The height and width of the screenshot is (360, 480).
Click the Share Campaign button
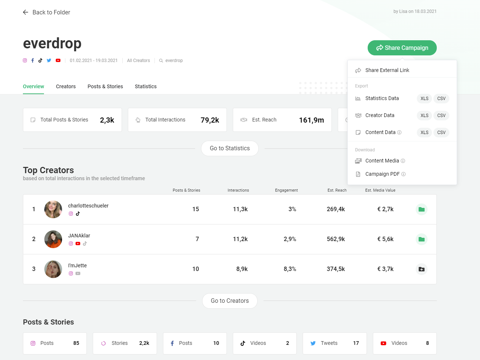[x=402, y=48]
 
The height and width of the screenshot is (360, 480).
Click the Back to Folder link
[x=47, y=13]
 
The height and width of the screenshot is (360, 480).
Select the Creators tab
[x=66, y=86]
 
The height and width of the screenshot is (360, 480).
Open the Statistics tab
[x=146, y=86]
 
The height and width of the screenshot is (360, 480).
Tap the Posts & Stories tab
[x=105, y=86]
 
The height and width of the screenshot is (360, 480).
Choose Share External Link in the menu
[x=387, y=70]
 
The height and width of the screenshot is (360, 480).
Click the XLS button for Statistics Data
[x=424, y=99]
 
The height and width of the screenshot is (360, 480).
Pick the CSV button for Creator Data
[x=441, y=116]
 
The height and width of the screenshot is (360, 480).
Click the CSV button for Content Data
[x=441, y=133]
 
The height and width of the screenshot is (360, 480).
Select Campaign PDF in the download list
[x=382, y=174]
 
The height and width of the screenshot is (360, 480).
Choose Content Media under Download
[x=382, y=161]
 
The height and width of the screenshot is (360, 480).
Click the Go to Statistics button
[x=230, y=148]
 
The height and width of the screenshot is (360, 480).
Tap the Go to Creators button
[x=230, y=301]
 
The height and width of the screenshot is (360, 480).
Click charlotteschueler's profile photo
[x=53, y=209]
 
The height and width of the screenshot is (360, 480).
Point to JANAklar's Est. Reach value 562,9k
[x=336, y=239]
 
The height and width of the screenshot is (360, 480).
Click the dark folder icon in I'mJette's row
[x=422, y=269]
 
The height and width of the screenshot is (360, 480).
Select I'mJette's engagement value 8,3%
[x=290, y=269]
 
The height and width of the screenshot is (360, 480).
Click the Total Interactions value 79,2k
[x=210, y=120]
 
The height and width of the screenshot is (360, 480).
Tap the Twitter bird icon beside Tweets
[x=313, y=343]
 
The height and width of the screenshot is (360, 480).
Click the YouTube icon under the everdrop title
[x=58, y=61]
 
